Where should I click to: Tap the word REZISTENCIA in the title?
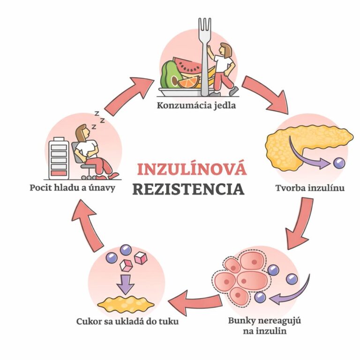coord(188,189)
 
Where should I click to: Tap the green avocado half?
coord(169,75)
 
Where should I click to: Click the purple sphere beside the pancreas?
coord(339,163)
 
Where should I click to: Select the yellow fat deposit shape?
coord(125,304)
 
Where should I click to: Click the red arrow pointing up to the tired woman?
coord(90,225)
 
